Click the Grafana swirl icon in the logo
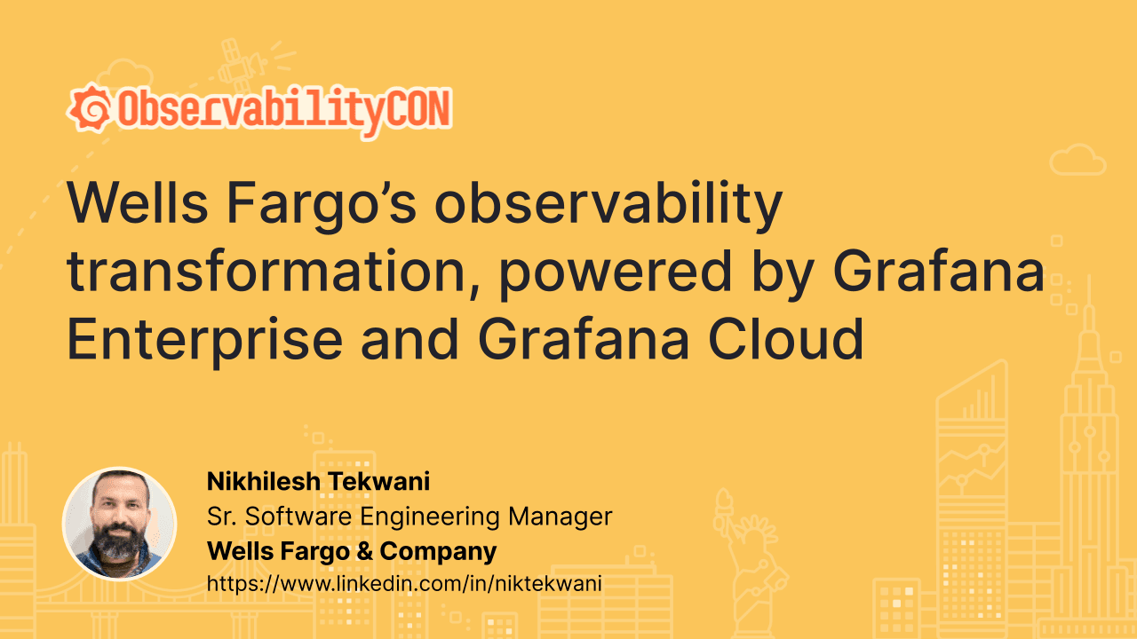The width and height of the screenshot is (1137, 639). (x=90, y=109)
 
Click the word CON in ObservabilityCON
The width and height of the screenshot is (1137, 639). (x=417, y=109)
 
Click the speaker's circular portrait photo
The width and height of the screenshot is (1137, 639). (x=119, y=524)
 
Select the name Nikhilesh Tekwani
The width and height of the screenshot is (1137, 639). (x=318, y=482)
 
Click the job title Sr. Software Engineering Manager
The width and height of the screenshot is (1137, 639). (x=409, y=516)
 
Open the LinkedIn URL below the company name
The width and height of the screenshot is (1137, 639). (x=405, y=583)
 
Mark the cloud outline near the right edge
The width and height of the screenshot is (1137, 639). (x=1077, y=160)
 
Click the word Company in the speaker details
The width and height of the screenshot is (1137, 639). (x=438, y=550)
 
